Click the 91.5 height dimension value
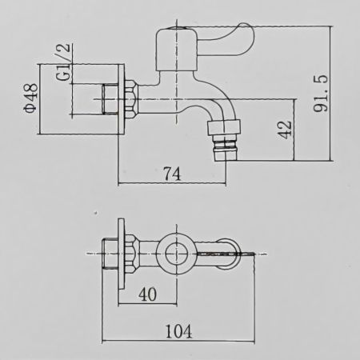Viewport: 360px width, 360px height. click(x=320, y=94)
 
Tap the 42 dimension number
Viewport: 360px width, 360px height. click(x=285, y=130)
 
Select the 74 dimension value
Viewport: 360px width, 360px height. click(x=172, y=174)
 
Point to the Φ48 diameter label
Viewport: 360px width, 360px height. click(x=30, y=98)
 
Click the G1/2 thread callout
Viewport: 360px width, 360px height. click(x=63, y=62)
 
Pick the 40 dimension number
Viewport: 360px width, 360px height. click(x=148, y=294)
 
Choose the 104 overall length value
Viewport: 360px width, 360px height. click(x=178, y=331)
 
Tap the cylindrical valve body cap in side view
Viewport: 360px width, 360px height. click(x=176, y=49)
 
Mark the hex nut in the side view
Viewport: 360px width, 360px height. click(x=132, y=99)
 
